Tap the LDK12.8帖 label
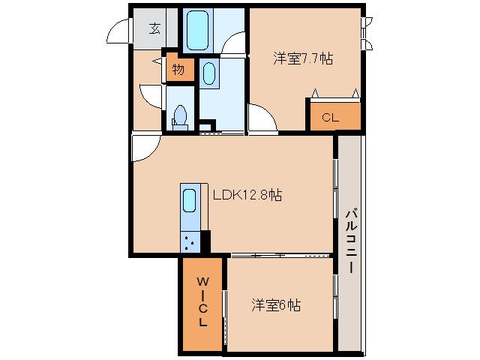click(247, 195)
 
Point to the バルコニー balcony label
click(350, 242)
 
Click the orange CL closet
click(331, 117)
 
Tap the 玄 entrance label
click(154, 28)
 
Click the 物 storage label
click(178, 70)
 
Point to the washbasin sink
click(209, 73)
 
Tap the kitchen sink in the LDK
click(190, 200)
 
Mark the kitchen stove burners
click(190, 241)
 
